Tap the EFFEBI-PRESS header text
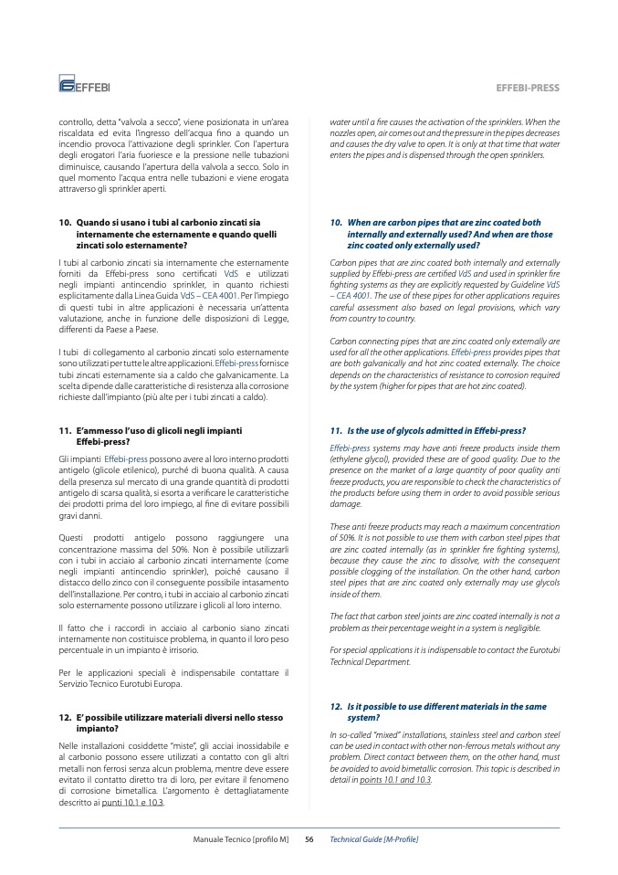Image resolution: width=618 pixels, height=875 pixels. (x=527, y=88)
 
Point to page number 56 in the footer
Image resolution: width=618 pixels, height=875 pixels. (x=309, y=838)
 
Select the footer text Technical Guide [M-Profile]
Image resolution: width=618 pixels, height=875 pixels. (x=373, y=838)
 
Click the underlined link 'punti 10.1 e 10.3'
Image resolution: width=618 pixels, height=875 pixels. (x=134, y=803)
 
